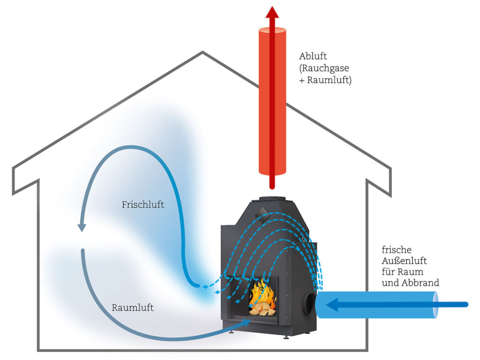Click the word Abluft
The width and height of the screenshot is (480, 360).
313,57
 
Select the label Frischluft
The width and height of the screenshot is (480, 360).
143,205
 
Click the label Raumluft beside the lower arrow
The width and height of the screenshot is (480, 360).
133,308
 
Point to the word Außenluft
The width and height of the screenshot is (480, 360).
404,261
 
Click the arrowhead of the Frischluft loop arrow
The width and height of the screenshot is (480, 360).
82,227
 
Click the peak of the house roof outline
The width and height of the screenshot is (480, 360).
202,52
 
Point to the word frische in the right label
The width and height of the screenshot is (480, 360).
393,250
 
